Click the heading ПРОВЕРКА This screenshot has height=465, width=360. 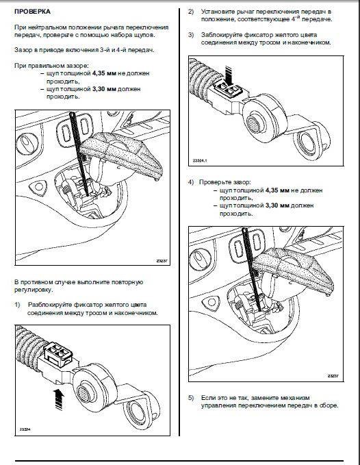coord(32,12)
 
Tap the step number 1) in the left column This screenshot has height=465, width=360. coord(18,305)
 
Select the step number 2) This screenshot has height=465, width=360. coord(191,12)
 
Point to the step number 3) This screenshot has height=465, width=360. coord(191,35)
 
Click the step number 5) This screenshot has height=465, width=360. coord(191,398)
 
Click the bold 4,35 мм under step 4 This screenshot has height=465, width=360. coord(277,190)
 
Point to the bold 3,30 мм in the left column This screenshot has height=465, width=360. coord(104,89)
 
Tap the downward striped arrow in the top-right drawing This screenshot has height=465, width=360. coord(228,75)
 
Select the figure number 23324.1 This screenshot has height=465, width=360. coord(200,160)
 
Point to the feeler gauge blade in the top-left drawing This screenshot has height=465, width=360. coord(79,153)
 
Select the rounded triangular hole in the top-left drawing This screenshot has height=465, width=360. coord(38,187)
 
